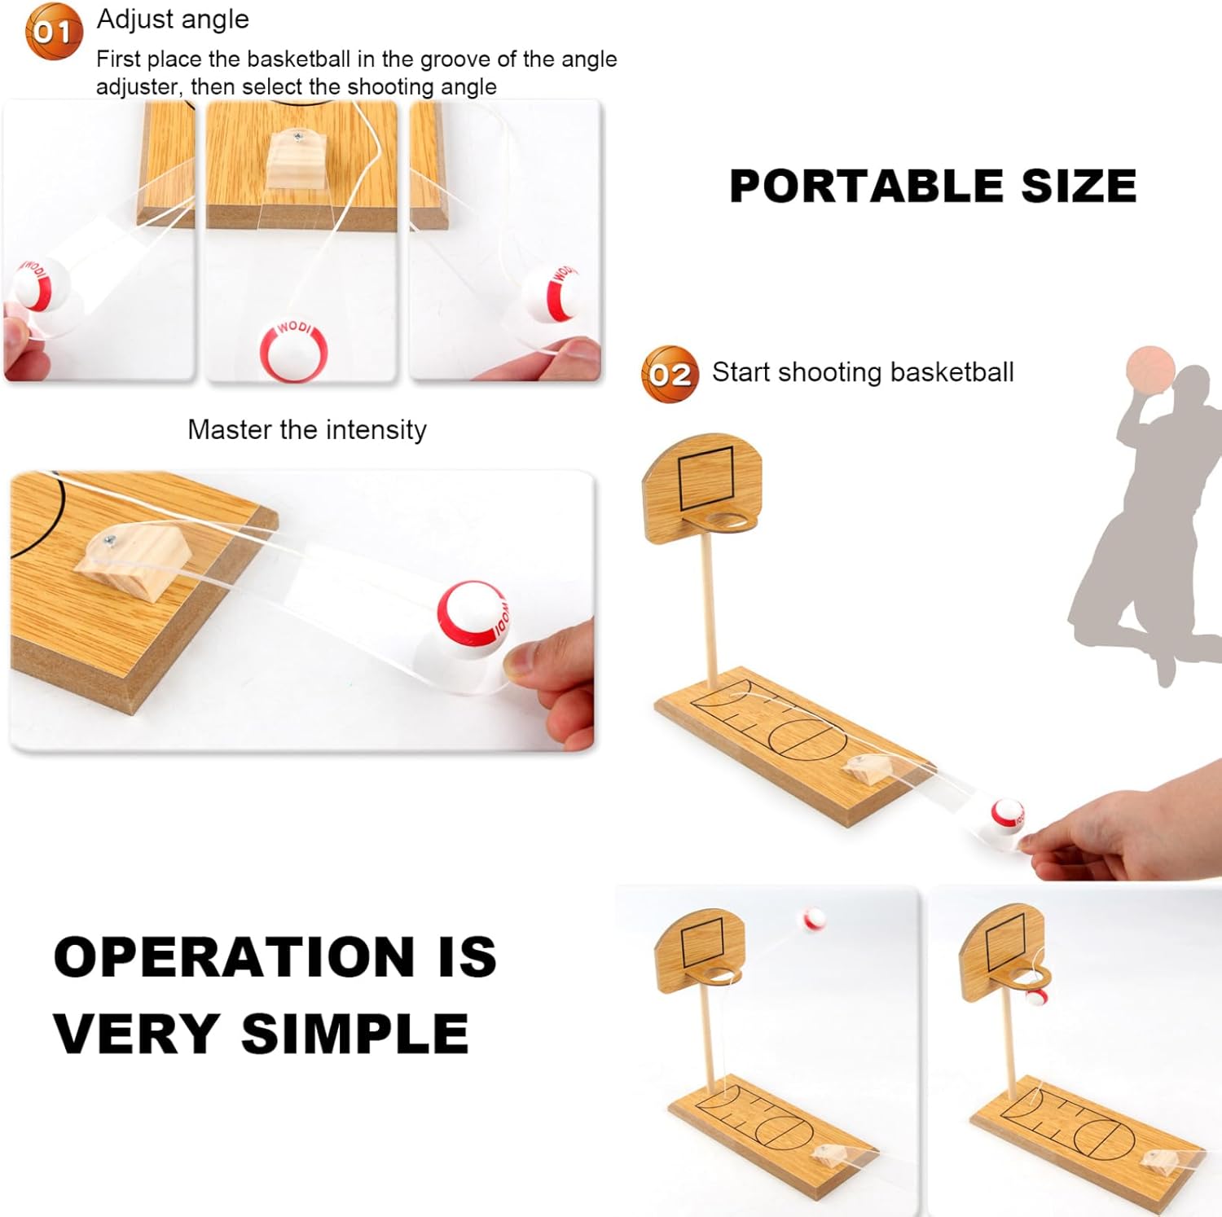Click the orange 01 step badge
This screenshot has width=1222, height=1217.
click(54, 32)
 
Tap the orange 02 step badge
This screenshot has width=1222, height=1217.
click(670, 374)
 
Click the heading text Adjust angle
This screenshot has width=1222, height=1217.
click(173, 19)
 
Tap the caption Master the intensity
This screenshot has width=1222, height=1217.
click(307, 429)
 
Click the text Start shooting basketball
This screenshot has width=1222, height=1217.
click(863, 372)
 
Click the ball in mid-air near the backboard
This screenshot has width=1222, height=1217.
click(814, 920)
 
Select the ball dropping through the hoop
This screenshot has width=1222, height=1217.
click(1035, 999)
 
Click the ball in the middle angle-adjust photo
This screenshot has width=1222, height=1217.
click(293, 351)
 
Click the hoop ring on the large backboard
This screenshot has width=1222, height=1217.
click(731, 521)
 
